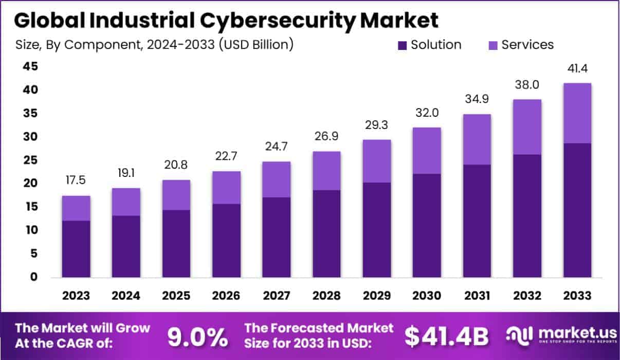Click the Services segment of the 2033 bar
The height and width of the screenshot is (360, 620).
[x=577, y=113]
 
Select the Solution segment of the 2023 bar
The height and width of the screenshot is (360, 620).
[x=76, y=249]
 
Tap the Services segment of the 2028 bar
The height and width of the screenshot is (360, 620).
[x=326, y=171]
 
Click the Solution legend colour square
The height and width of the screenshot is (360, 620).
[x=403, y=45]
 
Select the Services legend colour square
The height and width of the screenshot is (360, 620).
[x=493, y=45]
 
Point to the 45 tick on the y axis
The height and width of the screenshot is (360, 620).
[x=30, y=66]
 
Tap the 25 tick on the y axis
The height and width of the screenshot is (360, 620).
[x=30, y=160]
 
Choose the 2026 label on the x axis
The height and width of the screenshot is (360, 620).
[x=226, y=296]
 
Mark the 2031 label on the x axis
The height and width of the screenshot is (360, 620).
[x=477, y=296]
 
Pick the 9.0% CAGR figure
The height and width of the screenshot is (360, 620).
[x=198, y=337]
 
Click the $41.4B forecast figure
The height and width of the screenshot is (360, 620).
[x=446, y=337]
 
